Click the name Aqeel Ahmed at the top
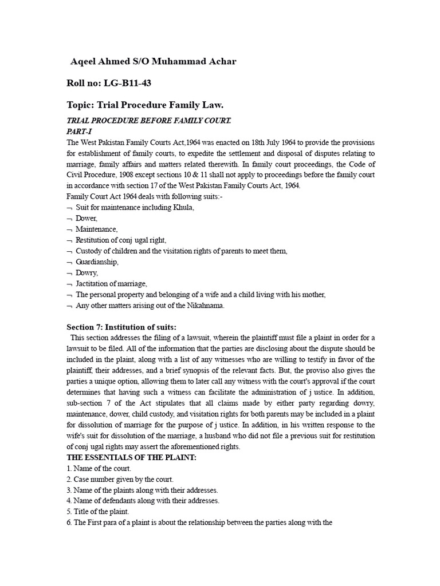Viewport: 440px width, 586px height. tap(99, 62)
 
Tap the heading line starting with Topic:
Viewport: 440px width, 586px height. tap(145, 105)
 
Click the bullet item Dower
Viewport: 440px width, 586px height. tap(87, 218)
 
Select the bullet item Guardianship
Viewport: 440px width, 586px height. tap(97, 262)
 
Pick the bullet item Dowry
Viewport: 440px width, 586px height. tap(87, 273)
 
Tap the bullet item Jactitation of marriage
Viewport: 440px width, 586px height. tap(111, 284)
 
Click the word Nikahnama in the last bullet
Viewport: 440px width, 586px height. tap(205, 306)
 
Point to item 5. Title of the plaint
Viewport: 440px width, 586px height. tap(98, 512)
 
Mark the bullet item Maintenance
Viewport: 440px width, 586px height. tap(96, 229)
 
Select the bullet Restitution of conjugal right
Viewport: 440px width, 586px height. tap(120, 240)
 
